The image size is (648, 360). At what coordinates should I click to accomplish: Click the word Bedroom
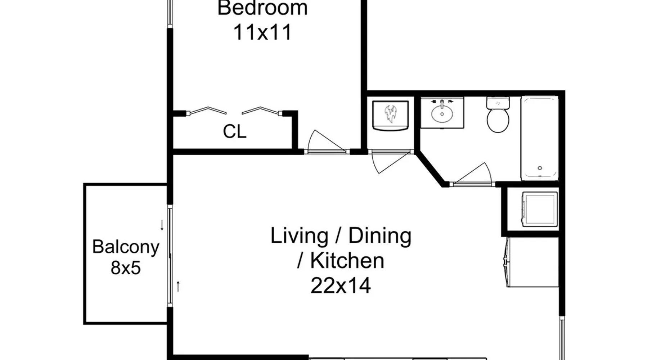(262, 8)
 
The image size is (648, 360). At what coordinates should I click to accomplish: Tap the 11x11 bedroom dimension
(262, 32)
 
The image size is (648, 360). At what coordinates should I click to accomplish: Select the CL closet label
(234, 132)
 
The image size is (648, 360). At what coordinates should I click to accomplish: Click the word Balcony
(126, 247)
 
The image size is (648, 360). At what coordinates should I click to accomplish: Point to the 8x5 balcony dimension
(126, 268)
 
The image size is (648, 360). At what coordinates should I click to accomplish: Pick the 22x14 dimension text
(341, 286)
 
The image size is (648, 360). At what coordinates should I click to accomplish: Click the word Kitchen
(347, 261)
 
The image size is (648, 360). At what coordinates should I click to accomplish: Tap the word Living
(299, 236)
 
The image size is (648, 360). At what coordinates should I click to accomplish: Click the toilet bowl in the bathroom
(498, 121)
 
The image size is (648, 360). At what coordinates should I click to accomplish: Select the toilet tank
(498, 103)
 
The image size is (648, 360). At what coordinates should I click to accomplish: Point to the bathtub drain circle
(540, 168)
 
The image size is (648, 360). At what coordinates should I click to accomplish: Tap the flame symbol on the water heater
(390, 114)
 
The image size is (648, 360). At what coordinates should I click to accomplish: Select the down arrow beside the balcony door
(162, 225)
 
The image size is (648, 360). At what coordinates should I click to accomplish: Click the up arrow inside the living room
(178, 287)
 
